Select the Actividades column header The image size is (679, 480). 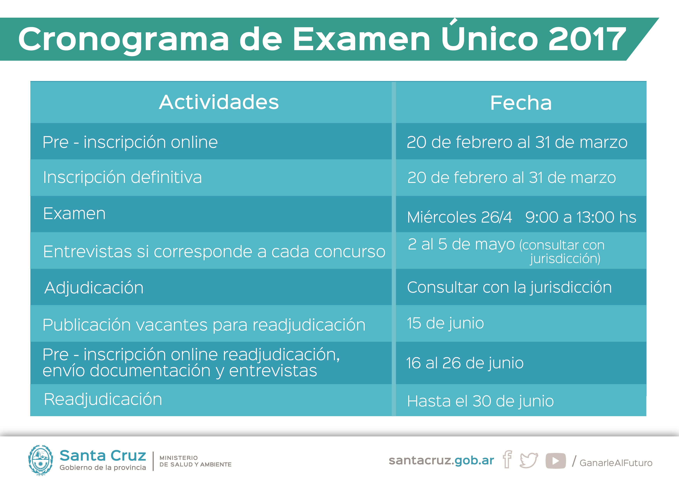pyautogui.click(x=219, y=102)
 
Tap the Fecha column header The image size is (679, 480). pyautogui.click(x=521, y=103)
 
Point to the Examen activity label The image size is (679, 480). pyautogui.click(x=74, y=213)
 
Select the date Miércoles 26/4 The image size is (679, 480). pyautogui.click(x=459, y=217)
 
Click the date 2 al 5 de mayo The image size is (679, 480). pyautogui.click(x=461, y=244)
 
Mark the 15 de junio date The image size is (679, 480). pyautogui.click(x=445, y=323)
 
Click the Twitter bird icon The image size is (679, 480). pyautogui.click(x=529, y=460)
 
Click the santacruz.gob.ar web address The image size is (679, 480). pyautogui.click(x=441, y=460)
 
